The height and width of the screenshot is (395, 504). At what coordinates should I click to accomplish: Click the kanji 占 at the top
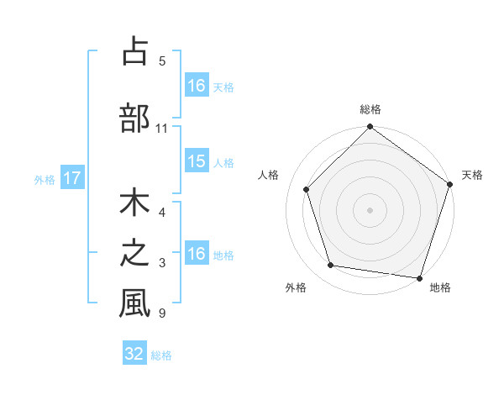pyautogui.click(x=134, y=51)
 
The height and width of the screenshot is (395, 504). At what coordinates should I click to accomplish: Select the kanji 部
pyautogui.click(x=134, y=118)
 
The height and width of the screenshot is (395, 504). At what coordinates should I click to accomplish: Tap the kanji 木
pyautogui.click(x=134, y=206)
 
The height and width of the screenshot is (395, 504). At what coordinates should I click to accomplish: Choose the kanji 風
pyautogui.click(x=134, y=303)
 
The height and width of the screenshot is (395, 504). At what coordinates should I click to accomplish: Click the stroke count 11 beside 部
pyautogui.click(x=161, y=129)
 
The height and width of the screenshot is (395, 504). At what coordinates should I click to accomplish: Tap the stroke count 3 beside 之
pyautogui.click(x=161, y=264)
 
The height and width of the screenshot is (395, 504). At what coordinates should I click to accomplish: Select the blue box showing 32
pyautogui.click(x=134, y=354)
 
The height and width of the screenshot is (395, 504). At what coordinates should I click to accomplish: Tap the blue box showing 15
pyautogui.click(x=197, y=162)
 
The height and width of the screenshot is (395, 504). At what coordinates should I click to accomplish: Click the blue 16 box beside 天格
pyautogui.click(x=197, y=86)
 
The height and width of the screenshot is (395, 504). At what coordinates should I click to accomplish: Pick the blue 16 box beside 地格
pyautogui.click(x=197, y=254)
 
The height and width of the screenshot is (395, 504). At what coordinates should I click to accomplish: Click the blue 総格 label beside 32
pyautogui.click(x=161, y=355)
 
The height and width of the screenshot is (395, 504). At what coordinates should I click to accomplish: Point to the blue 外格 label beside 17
pyautogui.click(x=45, y=179)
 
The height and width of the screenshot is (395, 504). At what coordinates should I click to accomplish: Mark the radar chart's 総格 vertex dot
pyautogui.click(x=370, y=128)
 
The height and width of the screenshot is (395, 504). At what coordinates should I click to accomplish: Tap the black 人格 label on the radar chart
pyautogui.click(x=269, y=175)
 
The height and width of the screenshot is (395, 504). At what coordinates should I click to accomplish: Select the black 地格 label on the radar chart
pyautogui.click(x=440, y=287)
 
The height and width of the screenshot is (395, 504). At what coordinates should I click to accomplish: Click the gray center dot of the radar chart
pyautogui.click(x=370, y=209)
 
